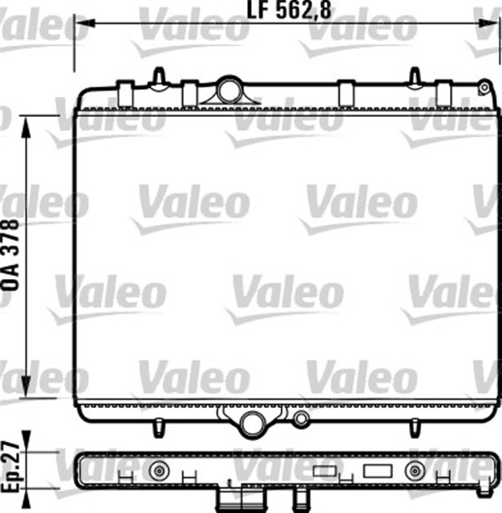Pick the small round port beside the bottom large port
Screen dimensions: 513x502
(x=301, y=418)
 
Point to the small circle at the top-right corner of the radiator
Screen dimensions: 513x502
(x=484, y=83)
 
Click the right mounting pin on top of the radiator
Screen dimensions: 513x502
(x=415, y=76)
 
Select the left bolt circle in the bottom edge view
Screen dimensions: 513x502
(x=160, y=470)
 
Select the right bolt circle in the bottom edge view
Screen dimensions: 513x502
(x=415, y=470)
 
